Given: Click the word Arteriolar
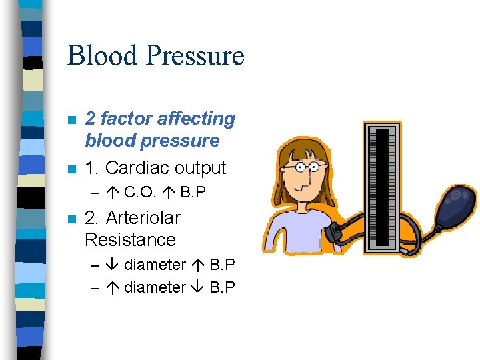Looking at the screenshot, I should coord(143,218).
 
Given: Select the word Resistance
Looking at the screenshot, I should coord(130,240).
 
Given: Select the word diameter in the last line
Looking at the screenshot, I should coord(155,287).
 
